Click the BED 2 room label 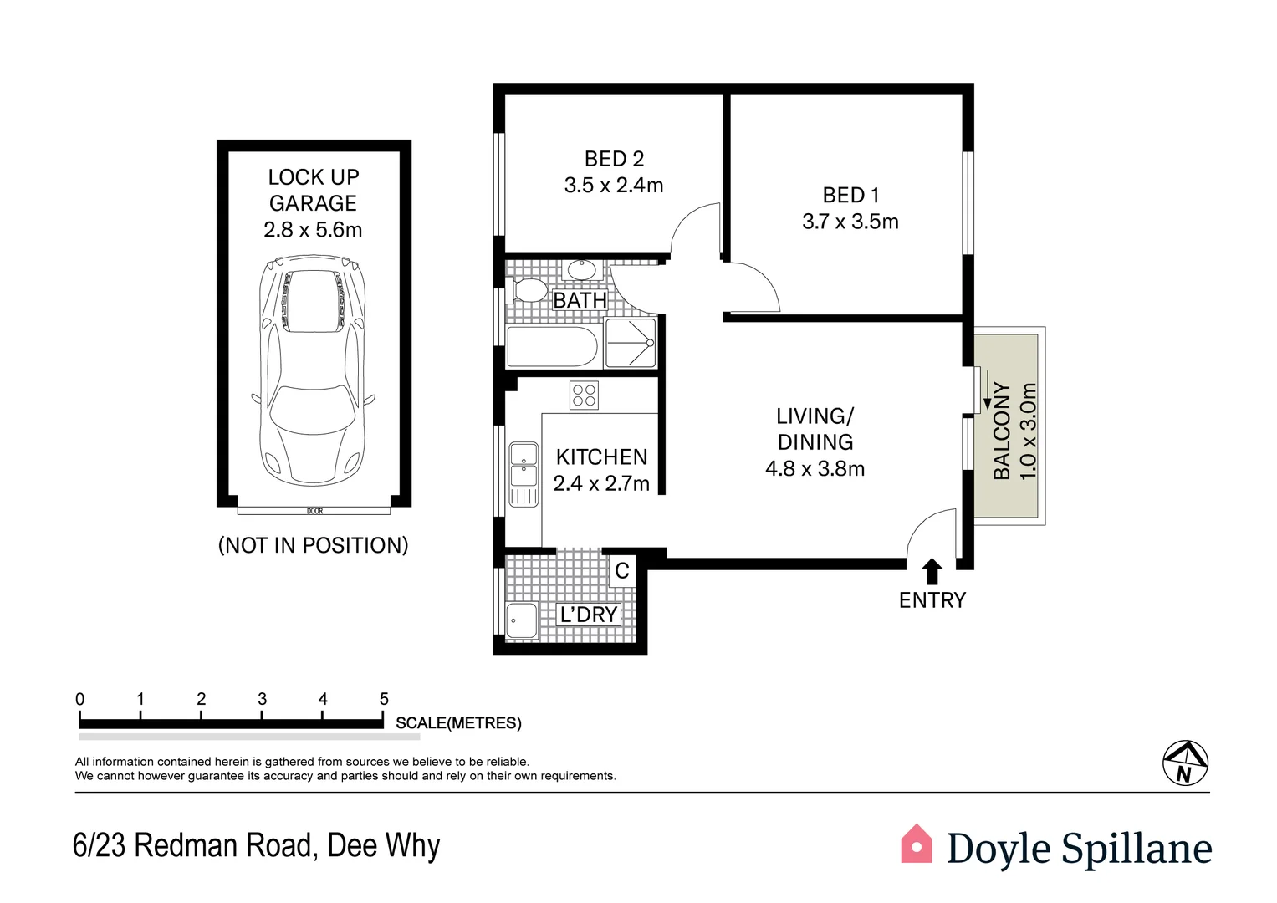click(x=614, y=159)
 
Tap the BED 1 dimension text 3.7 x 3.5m click(x=850, y=222)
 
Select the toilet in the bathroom click(x=527, y=289)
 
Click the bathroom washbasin click(x=581, y=269)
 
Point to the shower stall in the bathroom click(x=630, y=343)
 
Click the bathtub click(x=552, y=347)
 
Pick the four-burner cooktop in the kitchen click(x=584, y=395)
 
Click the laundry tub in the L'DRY click(x=522, y=620)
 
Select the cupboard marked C click(x=622, y=570)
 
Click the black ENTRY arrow click(x=932, y=571)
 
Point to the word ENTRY click(x=932, y=600)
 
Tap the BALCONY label click(x=1002, y=431)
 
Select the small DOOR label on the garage click(x=314, y=512)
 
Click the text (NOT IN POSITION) click(x=313, y=545)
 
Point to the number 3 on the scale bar click(x=263, y=699)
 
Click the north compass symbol click(x=1185, y=763)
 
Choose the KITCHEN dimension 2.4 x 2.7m click(x=601, y=483)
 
